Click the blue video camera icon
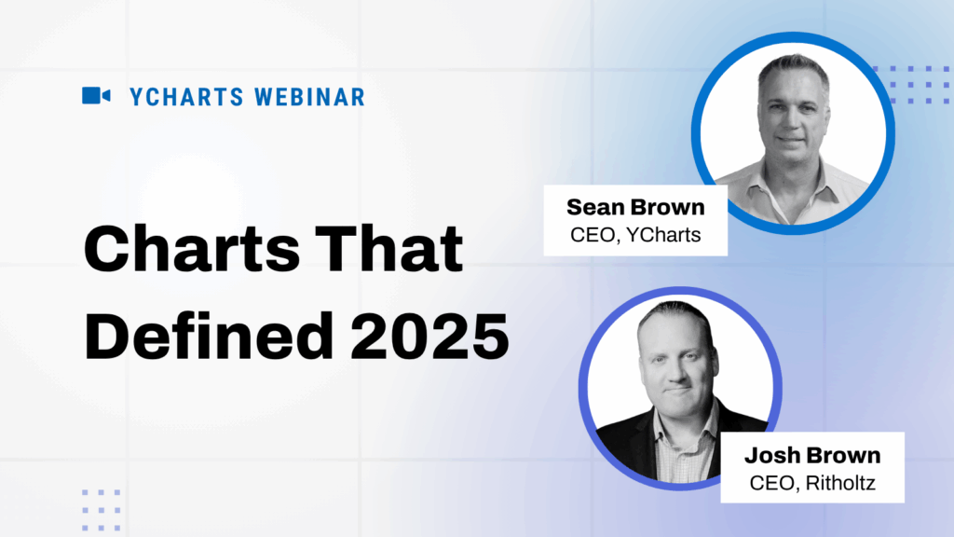tap(96, 95)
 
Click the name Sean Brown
tap(635, 208)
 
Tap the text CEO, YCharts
tap(635, 235)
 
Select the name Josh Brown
tap(811, 456)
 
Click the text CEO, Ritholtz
tap(811, 483)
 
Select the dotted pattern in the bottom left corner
tap(101, 509)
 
